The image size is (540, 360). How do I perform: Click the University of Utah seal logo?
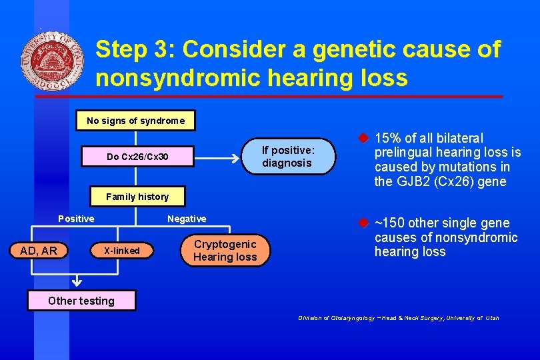coord(52,61)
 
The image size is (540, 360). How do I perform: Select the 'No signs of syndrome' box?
coord(135,121)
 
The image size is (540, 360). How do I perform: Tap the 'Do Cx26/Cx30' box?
coord(137,157)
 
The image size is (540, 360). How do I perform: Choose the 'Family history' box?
coord(137,197)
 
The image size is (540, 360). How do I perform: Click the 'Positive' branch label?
coord(76,219)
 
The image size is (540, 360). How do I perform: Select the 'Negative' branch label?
coord(187,219)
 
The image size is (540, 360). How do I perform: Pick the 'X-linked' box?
coord(121,251)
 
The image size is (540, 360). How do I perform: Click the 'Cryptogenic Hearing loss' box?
coord(225,251)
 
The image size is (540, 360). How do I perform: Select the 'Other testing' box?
coord(81,301)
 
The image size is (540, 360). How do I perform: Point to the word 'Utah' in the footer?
coord(491,318)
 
